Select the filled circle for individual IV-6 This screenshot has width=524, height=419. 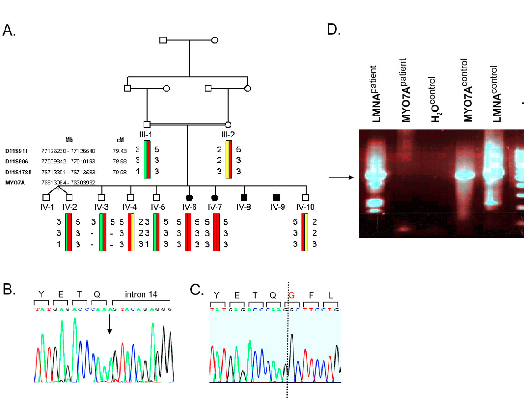click(189, 198)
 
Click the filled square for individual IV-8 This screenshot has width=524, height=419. click(244, 198)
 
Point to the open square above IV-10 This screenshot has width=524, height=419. click(306, 198)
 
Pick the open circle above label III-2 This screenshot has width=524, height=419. click(228, 124)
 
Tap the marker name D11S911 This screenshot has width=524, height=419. click(17, 150)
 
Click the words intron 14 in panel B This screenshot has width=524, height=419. click(142, 294)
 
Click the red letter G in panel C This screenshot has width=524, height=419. click(292, 294)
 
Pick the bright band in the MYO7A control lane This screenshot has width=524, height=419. click(465, 174)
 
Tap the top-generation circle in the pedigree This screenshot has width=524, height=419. click(215, 40)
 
